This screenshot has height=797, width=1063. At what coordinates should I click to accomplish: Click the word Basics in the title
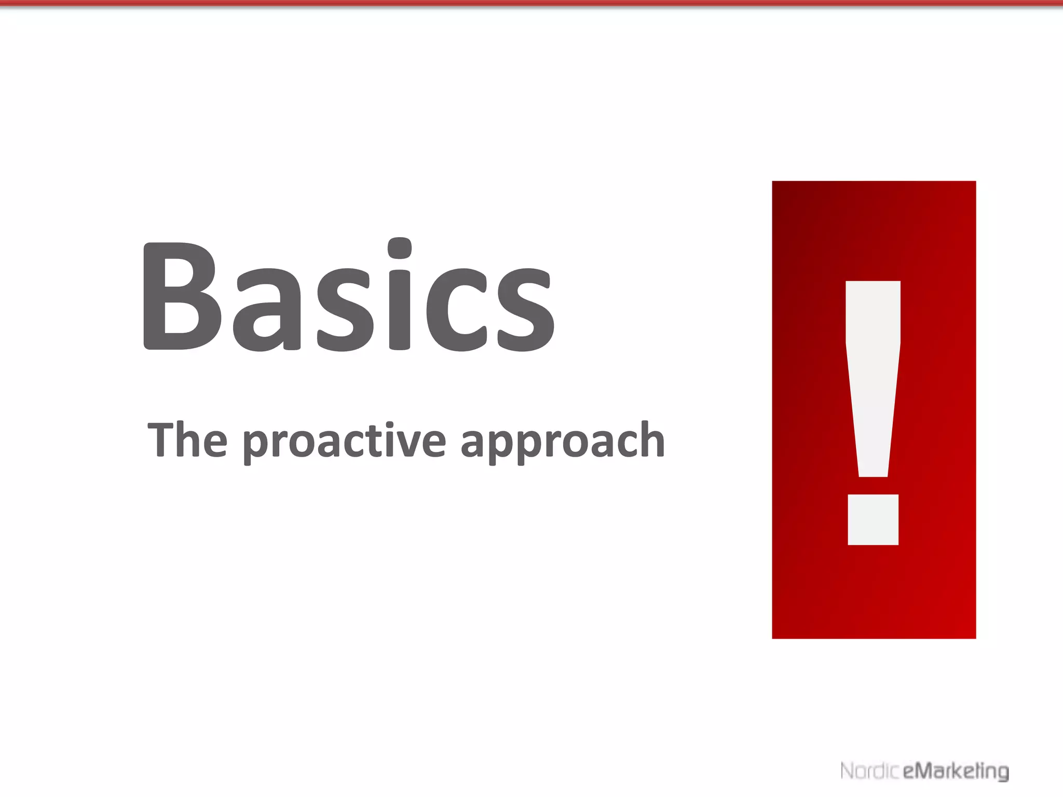coord(349,296)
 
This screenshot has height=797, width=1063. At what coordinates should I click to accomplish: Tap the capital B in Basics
coord(179,296)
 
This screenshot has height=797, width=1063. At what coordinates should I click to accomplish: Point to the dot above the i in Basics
coord(400,249)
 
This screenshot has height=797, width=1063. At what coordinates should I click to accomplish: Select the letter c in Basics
coord(457,310)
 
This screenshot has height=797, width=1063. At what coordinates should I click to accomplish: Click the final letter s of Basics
coord(525,310)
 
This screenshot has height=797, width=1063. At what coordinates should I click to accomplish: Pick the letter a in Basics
coord(266,310)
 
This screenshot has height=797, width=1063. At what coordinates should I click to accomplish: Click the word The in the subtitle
coord(187,440)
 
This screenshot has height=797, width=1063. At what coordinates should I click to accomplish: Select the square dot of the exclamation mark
coord(873,519)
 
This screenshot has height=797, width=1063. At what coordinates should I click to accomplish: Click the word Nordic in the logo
coord(869,771)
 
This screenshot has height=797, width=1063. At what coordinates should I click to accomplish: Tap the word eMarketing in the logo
coord(956,771)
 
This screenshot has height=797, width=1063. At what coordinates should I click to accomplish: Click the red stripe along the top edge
coord(531,3)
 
